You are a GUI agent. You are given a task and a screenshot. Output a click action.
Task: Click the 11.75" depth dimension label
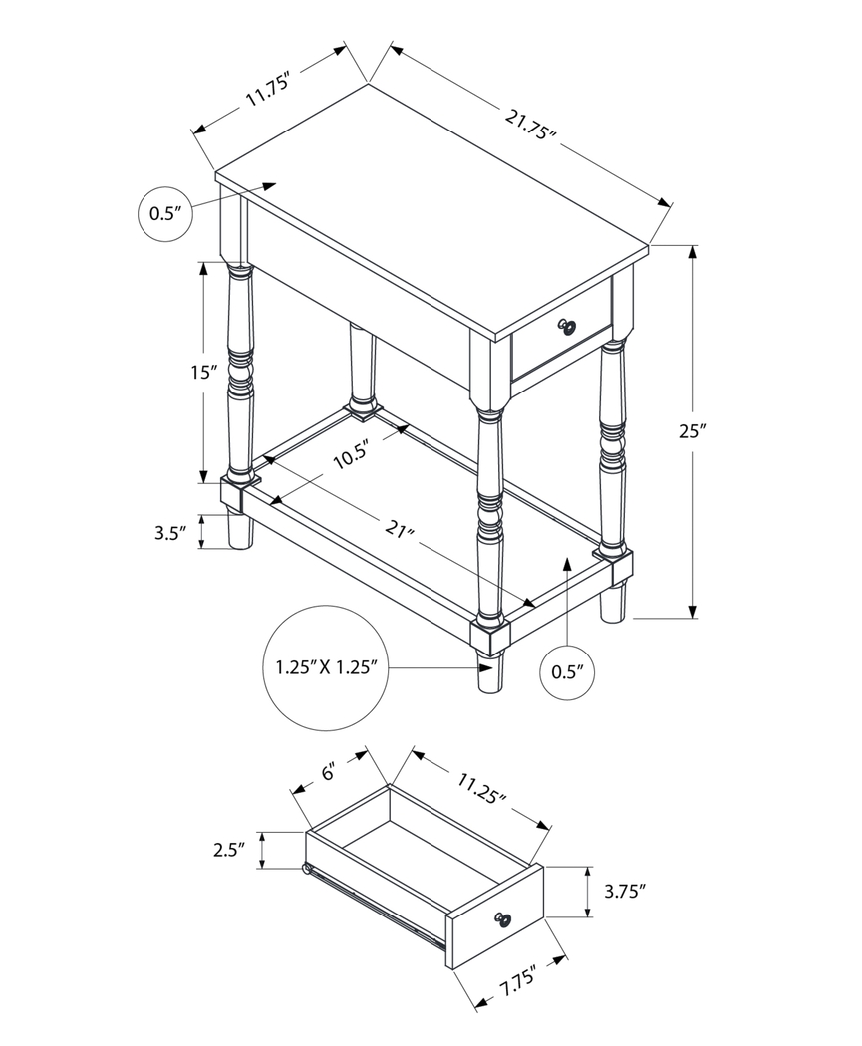[x=267, y=90]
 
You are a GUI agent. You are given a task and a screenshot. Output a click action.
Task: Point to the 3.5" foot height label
[x=170, y=532]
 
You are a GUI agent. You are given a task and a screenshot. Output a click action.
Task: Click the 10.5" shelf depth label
[x=351, y=454]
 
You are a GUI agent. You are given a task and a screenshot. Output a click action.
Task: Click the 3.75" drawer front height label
[x=625, y=892]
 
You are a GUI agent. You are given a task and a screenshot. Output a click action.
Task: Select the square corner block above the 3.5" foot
[x=233, y=494]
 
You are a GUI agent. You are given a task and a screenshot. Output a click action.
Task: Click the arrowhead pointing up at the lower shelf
[x=567, y=565]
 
